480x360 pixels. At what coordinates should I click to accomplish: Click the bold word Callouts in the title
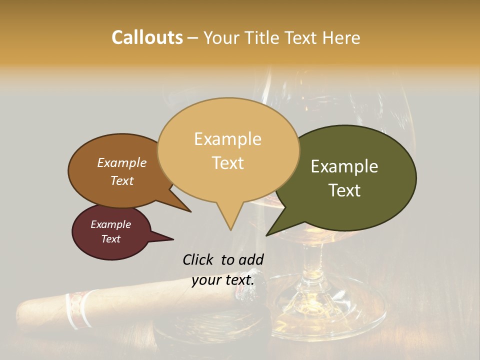(147, 37)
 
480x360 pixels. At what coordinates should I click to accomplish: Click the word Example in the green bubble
(344, 166)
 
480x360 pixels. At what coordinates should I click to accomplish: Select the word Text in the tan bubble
(228, 163)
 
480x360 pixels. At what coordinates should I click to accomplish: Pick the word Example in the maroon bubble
(110, 224)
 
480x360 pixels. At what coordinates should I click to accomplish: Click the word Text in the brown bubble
(122, 180)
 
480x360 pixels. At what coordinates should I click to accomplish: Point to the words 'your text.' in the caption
(223, 280)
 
